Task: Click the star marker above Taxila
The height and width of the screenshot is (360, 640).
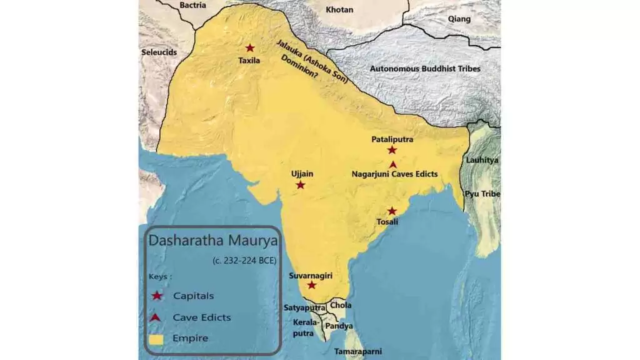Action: tap(250, 48)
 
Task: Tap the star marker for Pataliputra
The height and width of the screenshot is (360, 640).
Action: tap(392, 150)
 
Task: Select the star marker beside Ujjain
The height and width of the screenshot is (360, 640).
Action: tap(301, 185)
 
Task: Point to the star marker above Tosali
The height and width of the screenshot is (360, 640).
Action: tap(392, 211)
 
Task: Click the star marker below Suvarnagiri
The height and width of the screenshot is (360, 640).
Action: tap(312, 285)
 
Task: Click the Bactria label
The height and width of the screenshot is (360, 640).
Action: tap(192, 5)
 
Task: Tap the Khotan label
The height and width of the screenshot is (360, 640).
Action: tap(340, 10)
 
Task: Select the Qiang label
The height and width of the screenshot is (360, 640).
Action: tap(459, 19)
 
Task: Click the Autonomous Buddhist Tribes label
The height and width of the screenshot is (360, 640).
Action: tap(425, 68)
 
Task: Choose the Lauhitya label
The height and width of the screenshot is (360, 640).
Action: tap(482, 160)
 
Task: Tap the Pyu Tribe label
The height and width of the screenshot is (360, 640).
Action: tap(482, 194)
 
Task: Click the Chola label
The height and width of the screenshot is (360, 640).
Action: tap(341, 306)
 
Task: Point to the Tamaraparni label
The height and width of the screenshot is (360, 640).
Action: tap(357, 352)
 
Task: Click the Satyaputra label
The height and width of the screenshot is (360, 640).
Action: tap(304, 307)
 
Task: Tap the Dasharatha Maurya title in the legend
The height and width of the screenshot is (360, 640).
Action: tap(212, 241)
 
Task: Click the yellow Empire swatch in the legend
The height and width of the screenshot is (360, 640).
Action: tap(157, 339)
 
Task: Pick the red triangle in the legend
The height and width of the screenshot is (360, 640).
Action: tap(157, 317)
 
